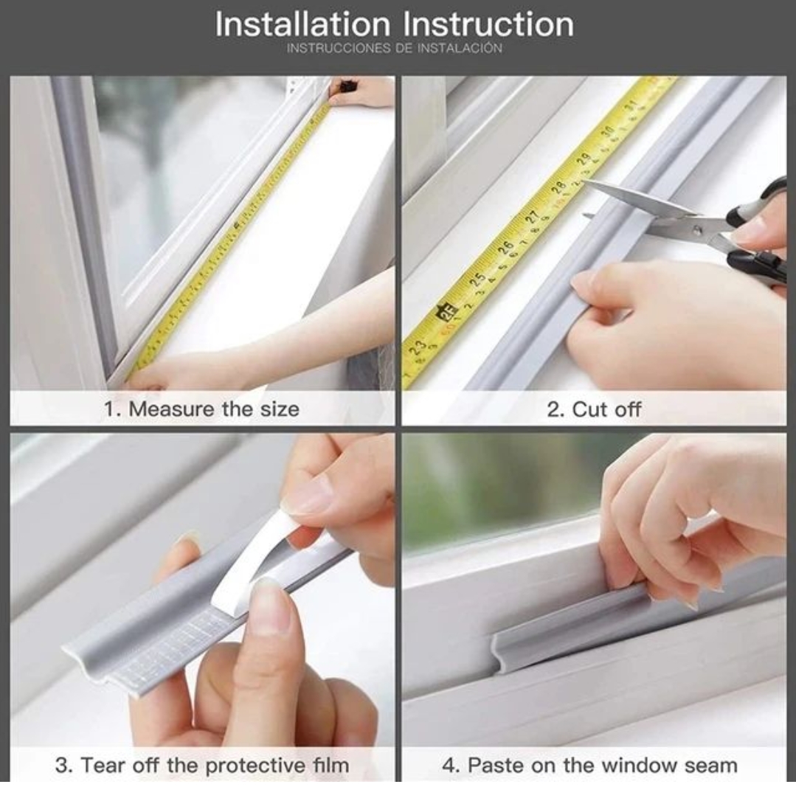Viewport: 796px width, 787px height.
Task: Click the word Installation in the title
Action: [302, 24]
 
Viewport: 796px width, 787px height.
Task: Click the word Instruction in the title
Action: [488, 24]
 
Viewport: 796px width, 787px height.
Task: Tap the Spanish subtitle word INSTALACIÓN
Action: [460, 48]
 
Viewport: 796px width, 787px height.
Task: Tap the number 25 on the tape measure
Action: [477, 279]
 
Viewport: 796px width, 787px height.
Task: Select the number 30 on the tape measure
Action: [607, 131]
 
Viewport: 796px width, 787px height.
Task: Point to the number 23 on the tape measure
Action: [418, 347]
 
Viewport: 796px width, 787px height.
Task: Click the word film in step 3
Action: [330, 765]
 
